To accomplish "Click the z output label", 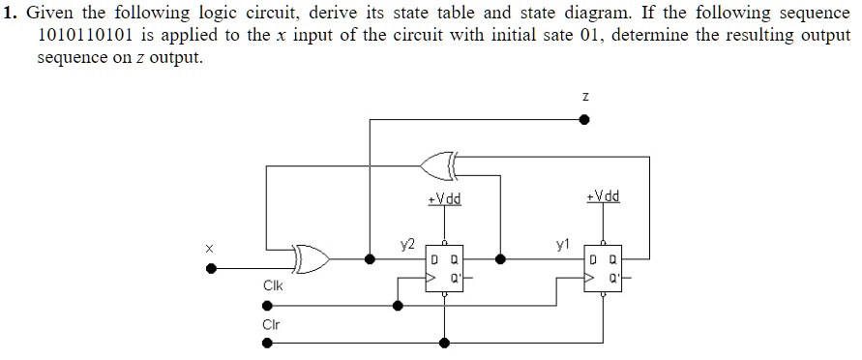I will (584, 96).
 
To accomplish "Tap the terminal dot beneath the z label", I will (584, 120).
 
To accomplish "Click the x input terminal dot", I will (208, 271).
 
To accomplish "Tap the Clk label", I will (273, 286).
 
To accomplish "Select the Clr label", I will (271, 324).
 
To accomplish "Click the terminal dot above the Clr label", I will (208, 305).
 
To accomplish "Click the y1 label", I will (562, 244).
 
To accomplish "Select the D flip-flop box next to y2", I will (444, 270).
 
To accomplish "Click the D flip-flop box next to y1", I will (603, 270).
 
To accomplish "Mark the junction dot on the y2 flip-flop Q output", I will (499, 259).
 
